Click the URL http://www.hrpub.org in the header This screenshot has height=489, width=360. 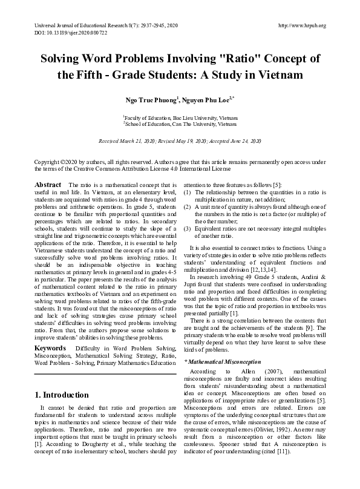pyautogui.click(x=301, y=25)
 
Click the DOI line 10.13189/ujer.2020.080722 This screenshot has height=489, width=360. pyautogui.click(x=66, y=33)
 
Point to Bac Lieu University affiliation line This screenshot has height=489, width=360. pyautogui.click(x=180, y=117)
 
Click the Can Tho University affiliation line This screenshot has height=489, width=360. pyautogui.click(x=180, y=123)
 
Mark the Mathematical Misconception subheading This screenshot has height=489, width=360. pyautogui.click(x=222, y=361)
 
